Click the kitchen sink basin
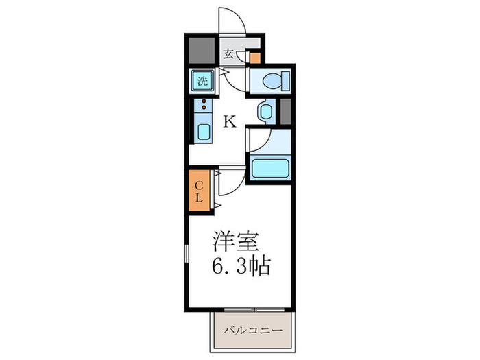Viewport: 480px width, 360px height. [204, 132]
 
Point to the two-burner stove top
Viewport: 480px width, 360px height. [204, 106]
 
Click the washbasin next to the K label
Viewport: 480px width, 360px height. [265, 112]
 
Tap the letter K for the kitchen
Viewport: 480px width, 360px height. [230, 122]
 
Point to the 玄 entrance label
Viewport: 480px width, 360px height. [228, 53]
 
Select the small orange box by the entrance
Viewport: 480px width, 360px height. [255, 58]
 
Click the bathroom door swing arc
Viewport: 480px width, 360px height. [258, 141]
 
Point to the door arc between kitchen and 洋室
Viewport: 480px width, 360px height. [232, 180]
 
